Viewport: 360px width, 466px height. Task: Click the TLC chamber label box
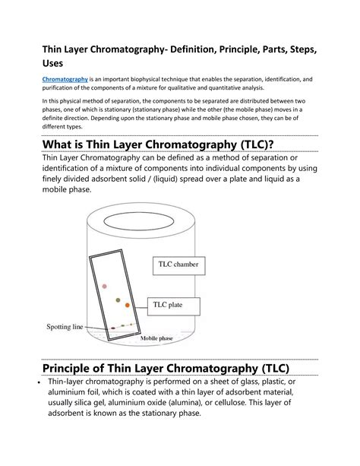pyautogui.click(x=180, y=264)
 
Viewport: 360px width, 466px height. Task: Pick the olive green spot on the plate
pyautogui.click(x=118, y=300)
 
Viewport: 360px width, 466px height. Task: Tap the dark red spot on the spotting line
pyautogui.click(x=112, y=328)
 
